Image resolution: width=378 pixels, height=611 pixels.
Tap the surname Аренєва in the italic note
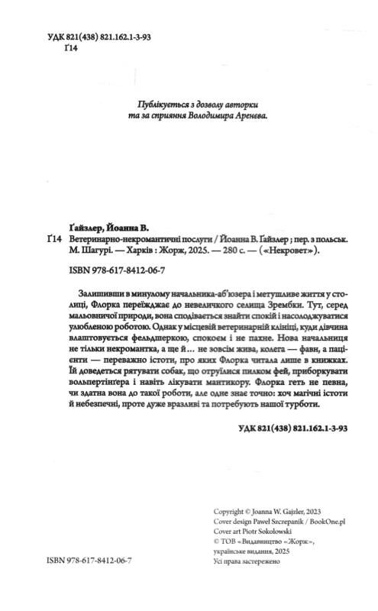point(269,116)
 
